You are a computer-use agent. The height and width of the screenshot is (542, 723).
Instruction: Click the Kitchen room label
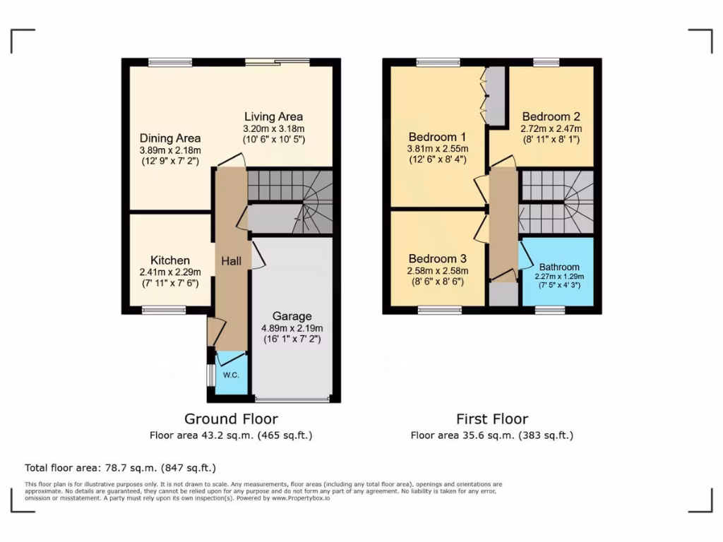[x=169, y=260]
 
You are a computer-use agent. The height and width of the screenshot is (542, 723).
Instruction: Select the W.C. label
[x=232, y=375]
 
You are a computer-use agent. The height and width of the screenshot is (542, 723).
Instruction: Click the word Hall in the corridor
[x=232, y=261]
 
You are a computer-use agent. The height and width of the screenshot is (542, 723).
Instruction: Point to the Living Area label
[x=273, y=116]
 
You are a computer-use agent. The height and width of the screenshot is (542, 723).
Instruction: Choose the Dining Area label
[x=169, y=138]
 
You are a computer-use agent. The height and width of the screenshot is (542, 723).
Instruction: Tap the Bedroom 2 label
[x=551, y=116]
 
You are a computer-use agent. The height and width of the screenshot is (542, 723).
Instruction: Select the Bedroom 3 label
[x=438, y=258]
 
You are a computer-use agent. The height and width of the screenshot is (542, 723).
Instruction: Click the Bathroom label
[x=559, y=267]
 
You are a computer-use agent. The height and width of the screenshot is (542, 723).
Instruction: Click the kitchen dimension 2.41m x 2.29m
[x=169, y=272]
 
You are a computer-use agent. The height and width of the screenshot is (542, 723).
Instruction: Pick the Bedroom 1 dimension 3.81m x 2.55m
[x=438, y=149]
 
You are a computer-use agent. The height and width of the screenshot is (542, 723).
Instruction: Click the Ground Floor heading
[x=231, y=418]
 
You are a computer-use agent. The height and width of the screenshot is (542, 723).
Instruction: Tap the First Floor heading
[x=492, y=418]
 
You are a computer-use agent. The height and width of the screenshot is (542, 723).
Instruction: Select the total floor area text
[x=120, y=467]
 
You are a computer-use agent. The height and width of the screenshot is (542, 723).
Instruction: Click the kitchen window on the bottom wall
[x=164, y=310]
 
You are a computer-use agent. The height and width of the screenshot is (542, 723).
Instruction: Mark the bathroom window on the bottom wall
[x=549, y=310]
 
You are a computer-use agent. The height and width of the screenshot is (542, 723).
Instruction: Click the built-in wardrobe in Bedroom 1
[x=496, y=96]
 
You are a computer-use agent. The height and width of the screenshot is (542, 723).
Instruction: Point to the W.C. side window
[x=209, y=375]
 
